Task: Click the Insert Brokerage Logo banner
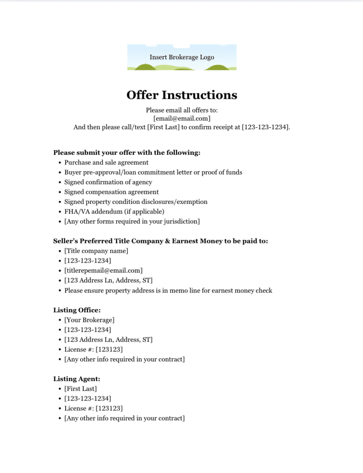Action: [x=181, y=57]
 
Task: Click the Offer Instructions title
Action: [x=181, y=95]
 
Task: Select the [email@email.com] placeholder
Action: [x=181, y=118]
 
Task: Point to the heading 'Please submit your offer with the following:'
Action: [x=127, y=152]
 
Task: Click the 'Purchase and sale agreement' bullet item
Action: [x=106, y=163]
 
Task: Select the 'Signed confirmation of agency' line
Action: [x=108, y=182]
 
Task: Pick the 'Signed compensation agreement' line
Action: [x=111, y=192]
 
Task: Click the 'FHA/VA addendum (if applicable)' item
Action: [x=114, y=212]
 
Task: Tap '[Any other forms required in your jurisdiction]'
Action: [x=132, y=221]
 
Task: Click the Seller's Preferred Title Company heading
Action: [x=160, y=241]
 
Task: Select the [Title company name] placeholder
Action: [x=96, y=251]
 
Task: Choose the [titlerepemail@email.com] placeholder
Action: [x=103, y=270]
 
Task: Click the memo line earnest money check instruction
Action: [x=168, y=290]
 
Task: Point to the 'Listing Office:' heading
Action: [x=77, y=310]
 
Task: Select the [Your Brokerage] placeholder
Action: [x=89, y=320]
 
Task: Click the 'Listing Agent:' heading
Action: [x=77, y=379]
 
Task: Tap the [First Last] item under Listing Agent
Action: [x=80, y=389]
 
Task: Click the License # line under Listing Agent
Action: [x=93, y=408]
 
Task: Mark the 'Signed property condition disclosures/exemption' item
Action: [x=136, y=202]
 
